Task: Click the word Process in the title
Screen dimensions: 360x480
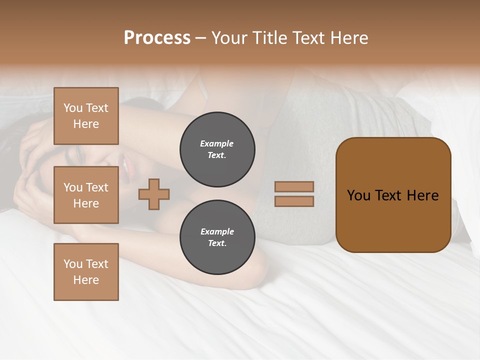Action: (157, 38)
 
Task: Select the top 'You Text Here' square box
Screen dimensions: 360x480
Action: (86, 116)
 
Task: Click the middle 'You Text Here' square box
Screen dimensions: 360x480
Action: (86, 195)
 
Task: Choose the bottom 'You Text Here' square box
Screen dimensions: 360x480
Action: (86, 271)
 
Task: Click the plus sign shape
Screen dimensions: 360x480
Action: (154, 194)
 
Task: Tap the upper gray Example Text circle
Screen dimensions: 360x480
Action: (217, 149)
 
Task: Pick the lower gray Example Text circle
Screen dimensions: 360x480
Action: (217, 237)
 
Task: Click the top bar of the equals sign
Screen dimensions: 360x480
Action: (294, 187)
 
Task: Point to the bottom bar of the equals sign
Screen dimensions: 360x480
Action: (294, 201)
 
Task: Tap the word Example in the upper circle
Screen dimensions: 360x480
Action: (216, 143)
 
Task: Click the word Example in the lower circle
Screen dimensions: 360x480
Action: (217, 231)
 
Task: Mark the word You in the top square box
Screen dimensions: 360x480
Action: (73, 108)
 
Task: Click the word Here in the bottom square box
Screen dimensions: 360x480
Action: (86, 280)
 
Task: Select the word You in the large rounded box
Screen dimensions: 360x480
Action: (358, 195)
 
